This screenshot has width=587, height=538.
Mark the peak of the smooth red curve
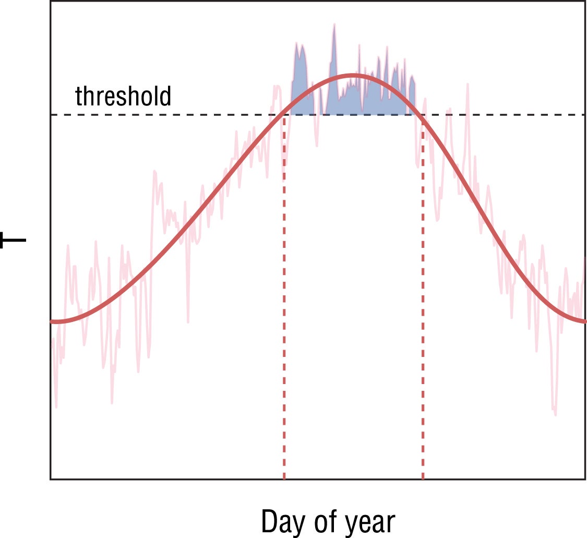(x=354, y=76)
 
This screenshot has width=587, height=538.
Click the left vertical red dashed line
(x=284, y=313)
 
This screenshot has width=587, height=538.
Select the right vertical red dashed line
(x=423, y=313)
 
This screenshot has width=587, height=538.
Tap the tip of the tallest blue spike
(x=334, y=24)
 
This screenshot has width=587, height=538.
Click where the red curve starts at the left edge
(x=52, y=321)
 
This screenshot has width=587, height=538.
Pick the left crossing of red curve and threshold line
(x=284, y=115)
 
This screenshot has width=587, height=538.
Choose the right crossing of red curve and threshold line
(x=422, y=115)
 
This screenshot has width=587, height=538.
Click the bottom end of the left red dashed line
(x=284, y=477)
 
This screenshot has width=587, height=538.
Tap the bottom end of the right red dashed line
(x=423, y=477)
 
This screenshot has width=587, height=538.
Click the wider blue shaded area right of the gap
(x=365, y=102)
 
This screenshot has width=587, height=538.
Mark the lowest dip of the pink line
(x=555, y=415)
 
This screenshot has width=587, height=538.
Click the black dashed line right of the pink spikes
(x=527, y=115)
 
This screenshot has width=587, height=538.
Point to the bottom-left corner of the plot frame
(x=51, y=479)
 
